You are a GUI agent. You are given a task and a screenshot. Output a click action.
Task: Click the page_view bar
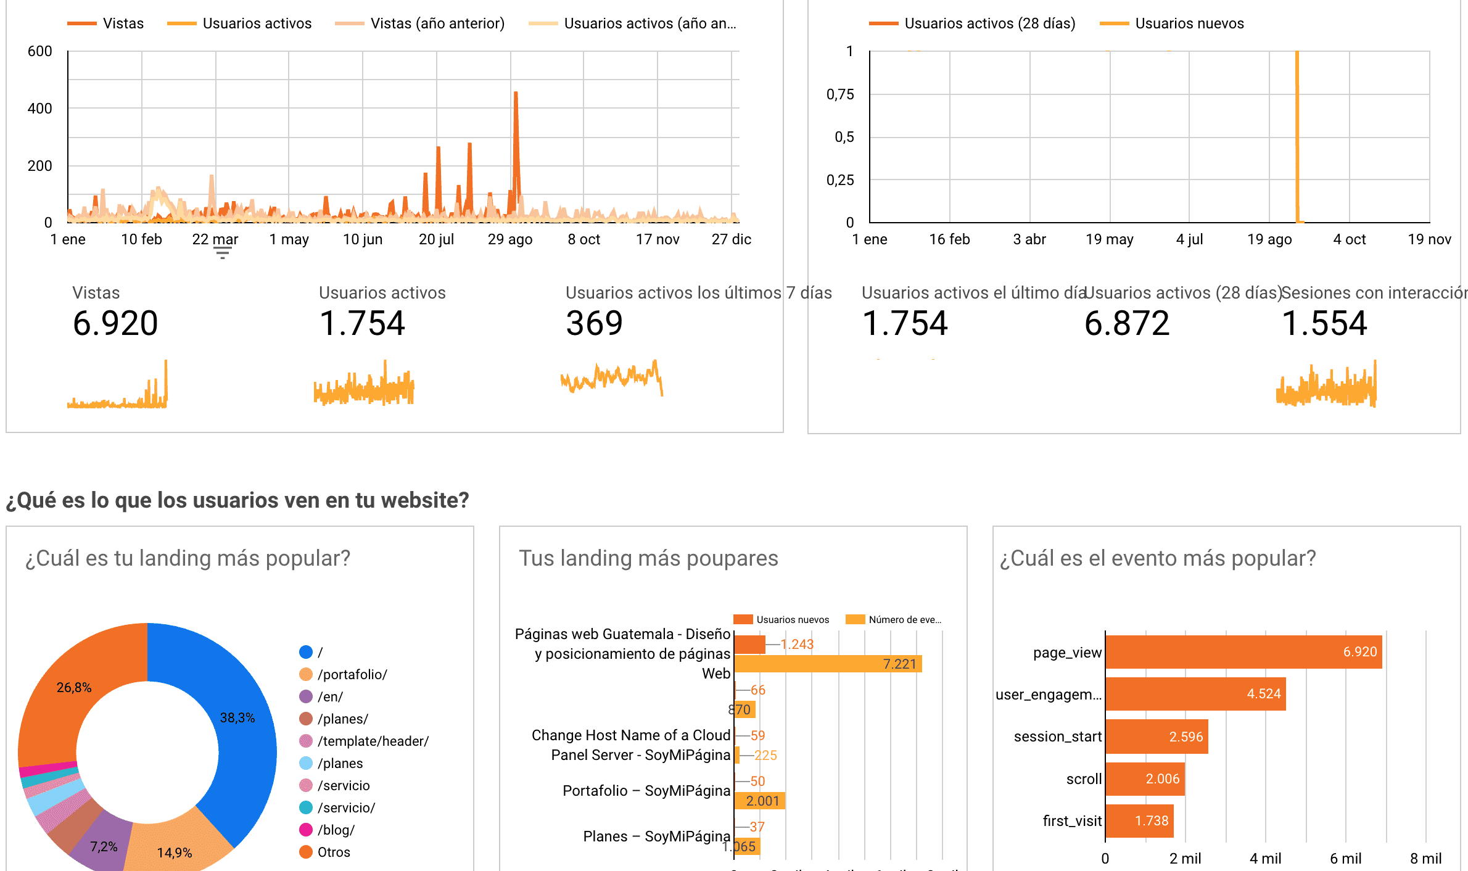click(1243, 652)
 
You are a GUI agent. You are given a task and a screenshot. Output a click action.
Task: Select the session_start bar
click(1157, 737)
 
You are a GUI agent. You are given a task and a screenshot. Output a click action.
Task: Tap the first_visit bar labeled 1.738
click(1139, 821)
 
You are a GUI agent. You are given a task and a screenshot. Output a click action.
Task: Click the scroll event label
click(1084, 779)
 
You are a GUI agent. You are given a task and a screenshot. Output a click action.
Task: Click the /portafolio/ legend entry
click(352, 674)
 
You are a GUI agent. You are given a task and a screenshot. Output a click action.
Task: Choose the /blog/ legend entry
click(336, 830)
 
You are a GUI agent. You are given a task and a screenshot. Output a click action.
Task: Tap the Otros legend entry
click(333, 852)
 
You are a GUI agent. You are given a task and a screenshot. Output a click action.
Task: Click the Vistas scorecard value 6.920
click(115, 323)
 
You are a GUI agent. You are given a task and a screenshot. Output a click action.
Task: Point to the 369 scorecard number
click(595, 323)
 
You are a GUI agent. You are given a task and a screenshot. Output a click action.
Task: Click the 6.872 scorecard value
click(1127, 323)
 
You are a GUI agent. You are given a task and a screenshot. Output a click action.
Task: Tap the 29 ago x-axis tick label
click(510, 239)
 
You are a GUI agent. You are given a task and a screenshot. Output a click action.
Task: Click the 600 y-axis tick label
click(40, 51)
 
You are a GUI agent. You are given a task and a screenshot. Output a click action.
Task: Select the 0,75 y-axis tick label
click(840, 94)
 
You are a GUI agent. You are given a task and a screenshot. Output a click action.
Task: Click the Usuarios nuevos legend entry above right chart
click(1189, 23)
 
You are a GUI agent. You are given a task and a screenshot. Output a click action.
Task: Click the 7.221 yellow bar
click(828, 664)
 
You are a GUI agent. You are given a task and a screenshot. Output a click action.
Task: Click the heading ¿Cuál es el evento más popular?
click(1158, 558)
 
